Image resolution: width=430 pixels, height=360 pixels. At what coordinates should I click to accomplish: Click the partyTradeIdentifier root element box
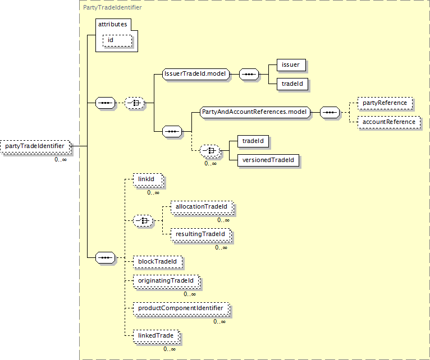tap(35, 146)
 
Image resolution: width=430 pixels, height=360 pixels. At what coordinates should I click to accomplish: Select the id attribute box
tap(117, 40)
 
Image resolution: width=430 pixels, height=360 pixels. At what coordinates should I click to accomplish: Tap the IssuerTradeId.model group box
tap(196, 74)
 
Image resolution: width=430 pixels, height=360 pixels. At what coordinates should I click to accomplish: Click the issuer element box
tap(291, 65)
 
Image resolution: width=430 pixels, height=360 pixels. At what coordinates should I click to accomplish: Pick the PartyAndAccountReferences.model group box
tap(255, 112)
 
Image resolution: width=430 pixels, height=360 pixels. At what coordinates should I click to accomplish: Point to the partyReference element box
tap(385, 103)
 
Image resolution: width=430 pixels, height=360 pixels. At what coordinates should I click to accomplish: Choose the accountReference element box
tap(389, 122)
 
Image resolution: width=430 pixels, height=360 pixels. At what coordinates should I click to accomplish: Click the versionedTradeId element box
tap(268, 160)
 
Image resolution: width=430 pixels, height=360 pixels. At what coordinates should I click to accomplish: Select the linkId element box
tap(148, 180)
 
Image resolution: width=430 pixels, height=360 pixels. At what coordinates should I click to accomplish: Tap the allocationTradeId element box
tap(202, 207)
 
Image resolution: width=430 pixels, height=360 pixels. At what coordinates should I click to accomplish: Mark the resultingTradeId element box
tap(201, 235)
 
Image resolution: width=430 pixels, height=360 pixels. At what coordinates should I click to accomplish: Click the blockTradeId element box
tap(157, 262)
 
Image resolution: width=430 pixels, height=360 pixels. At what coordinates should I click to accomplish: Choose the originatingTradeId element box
tap(167, 281)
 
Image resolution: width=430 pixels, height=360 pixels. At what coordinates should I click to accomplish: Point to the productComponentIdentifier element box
tap(181, 309)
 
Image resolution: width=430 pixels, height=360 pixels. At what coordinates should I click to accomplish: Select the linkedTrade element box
tap(156, 336)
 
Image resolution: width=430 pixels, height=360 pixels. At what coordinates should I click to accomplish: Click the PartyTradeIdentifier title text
tap(112, 7)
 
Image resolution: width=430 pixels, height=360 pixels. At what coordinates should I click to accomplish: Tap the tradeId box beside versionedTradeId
tap(253, 141)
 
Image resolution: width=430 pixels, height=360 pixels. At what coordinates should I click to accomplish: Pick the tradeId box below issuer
tap(292, 84)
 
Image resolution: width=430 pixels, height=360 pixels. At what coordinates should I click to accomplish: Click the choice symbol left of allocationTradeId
tap(143, 220)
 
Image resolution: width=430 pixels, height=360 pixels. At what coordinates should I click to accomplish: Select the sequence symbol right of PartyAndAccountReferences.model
tap(330, 112)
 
